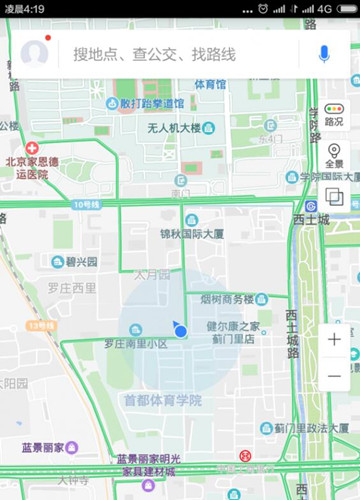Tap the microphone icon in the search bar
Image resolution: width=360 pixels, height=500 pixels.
point(323,53)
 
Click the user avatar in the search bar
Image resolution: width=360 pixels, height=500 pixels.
point(35,53)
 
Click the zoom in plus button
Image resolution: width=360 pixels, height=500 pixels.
point(334,339)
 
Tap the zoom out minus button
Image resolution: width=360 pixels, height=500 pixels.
point(334,376)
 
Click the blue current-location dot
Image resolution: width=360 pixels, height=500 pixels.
point(180,330)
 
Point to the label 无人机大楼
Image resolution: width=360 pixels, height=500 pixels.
point(174,128)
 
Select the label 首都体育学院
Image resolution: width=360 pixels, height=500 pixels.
point(162,400)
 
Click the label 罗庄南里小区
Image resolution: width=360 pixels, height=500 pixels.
point(135,344)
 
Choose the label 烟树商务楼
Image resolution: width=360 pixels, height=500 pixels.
point(227,299)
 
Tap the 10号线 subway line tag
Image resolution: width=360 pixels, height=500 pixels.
point(87,204)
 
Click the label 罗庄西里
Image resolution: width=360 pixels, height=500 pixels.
point(72,288)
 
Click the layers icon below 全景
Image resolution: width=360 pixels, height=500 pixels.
point(334,197)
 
